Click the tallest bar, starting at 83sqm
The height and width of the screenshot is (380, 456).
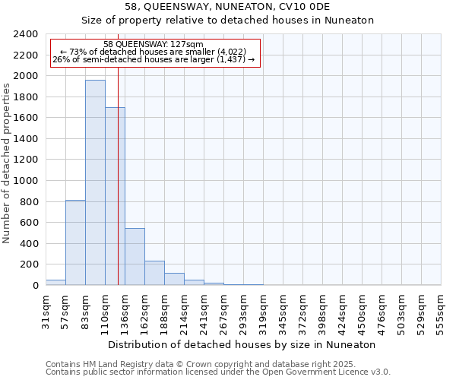click(x=95, y=182)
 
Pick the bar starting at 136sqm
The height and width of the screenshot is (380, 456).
click(x=135, y=257)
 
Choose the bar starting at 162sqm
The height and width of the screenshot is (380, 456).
click(x=154, y=273)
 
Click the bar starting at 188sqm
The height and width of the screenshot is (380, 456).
click(x=174, y=279)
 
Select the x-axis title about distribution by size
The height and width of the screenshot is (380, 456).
click(x=242, y=344)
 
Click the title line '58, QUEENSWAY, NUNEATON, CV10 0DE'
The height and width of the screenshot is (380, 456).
click(x=227, y=7)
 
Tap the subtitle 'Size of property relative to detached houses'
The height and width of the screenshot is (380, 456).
click(x=227, y=21)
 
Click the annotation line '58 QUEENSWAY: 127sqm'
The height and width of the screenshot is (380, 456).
click(x=154, y=44)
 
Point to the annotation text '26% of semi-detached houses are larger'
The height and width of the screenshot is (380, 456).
click(x=154, y=59)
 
